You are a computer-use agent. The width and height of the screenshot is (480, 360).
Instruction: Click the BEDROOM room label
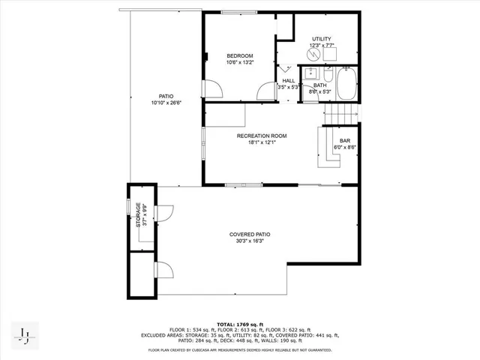(240, 55)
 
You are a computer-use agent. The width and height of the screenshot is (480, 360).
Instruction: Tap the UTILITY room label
(321, 39)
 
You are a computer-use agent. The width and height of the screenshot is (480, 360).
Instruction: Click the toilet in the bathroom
(328, 75)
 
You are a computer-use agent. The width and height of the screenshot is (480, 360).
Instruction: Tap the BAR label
(345, 141)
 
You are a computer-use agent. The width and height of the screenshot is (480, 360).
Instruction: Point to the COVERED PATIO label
(250, 235)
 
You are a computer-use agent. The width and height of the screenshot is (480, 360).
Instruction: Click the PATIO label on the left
(166, 96)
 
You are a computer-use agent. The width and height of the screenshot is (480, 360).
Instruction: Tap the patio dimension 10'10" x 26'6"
(166, 103)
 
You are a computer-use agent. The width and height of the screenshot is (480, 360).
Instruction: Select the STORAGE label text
(138, 214)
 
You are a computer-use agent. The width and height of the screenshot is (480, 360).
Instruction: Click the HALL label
(289, 80)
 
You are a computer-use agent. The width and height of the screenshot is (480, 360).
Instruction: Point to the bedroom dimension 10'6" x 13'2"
(240, 62)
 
